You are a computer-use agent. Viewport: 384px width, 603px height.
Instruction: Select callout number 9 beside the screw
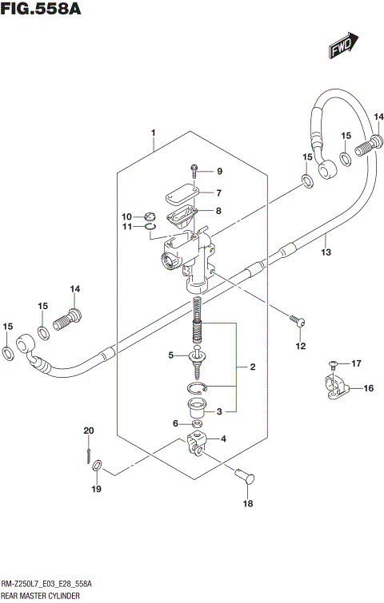point(219,172)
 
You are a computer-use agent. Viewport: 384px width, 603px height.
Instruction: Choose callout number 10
point(126,216)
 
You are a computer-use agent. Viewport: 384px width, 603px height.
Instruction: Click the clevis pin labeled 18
point(242,474)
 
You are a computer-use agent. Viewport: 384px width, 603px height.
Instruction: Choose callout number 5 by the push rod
point(170,355)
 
